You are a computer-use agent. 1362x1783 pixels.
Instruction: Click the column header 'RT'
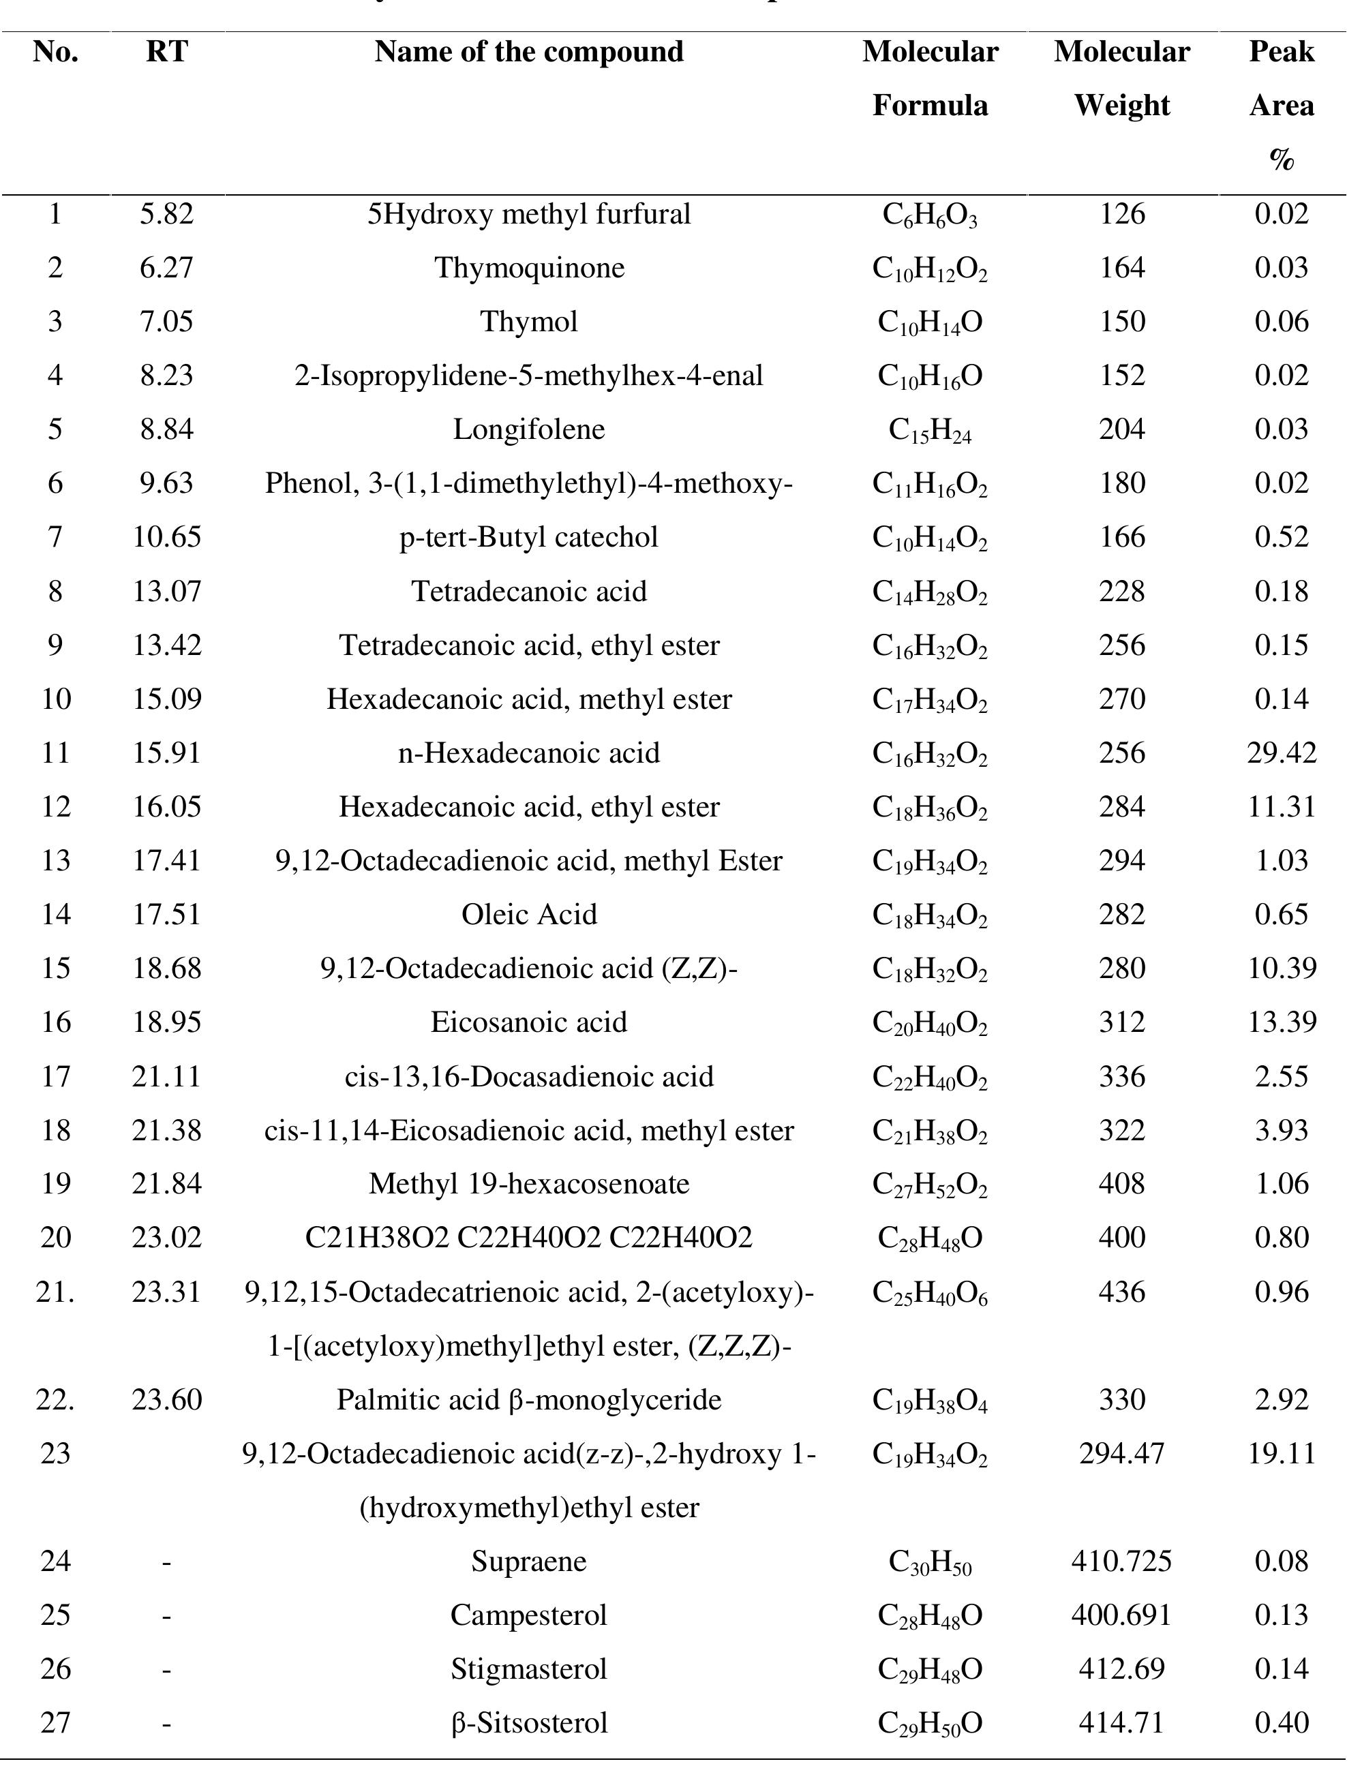[x=166, y=52]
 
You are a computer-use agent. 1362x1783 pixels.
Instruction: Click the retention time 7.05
[x=166, y=322]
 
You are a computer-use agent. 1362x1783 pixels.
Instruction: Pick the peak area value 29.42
[x=1281, y=753]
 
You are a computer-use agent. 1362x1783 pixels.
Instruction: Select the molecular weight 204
[x=1121, y=429]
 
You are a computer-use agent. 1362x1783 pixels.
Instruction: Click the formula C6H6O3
[x=930, y=215]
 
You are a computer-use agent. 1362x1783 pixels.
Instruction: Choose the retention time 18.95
[x=166, y=1022]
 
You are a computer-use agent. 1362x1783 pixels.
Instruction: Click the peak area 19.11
[x=1281, y=1453]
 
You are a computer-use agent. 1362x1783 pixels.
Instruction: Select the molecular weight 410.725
[x=1121, y=1561]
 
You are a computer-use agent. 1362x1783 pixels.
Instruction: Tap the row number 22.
[x=55, y=1400]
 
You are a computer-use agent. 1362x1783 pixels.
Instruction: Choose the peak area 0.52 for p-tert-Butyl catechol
[x=1281, y=537]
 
